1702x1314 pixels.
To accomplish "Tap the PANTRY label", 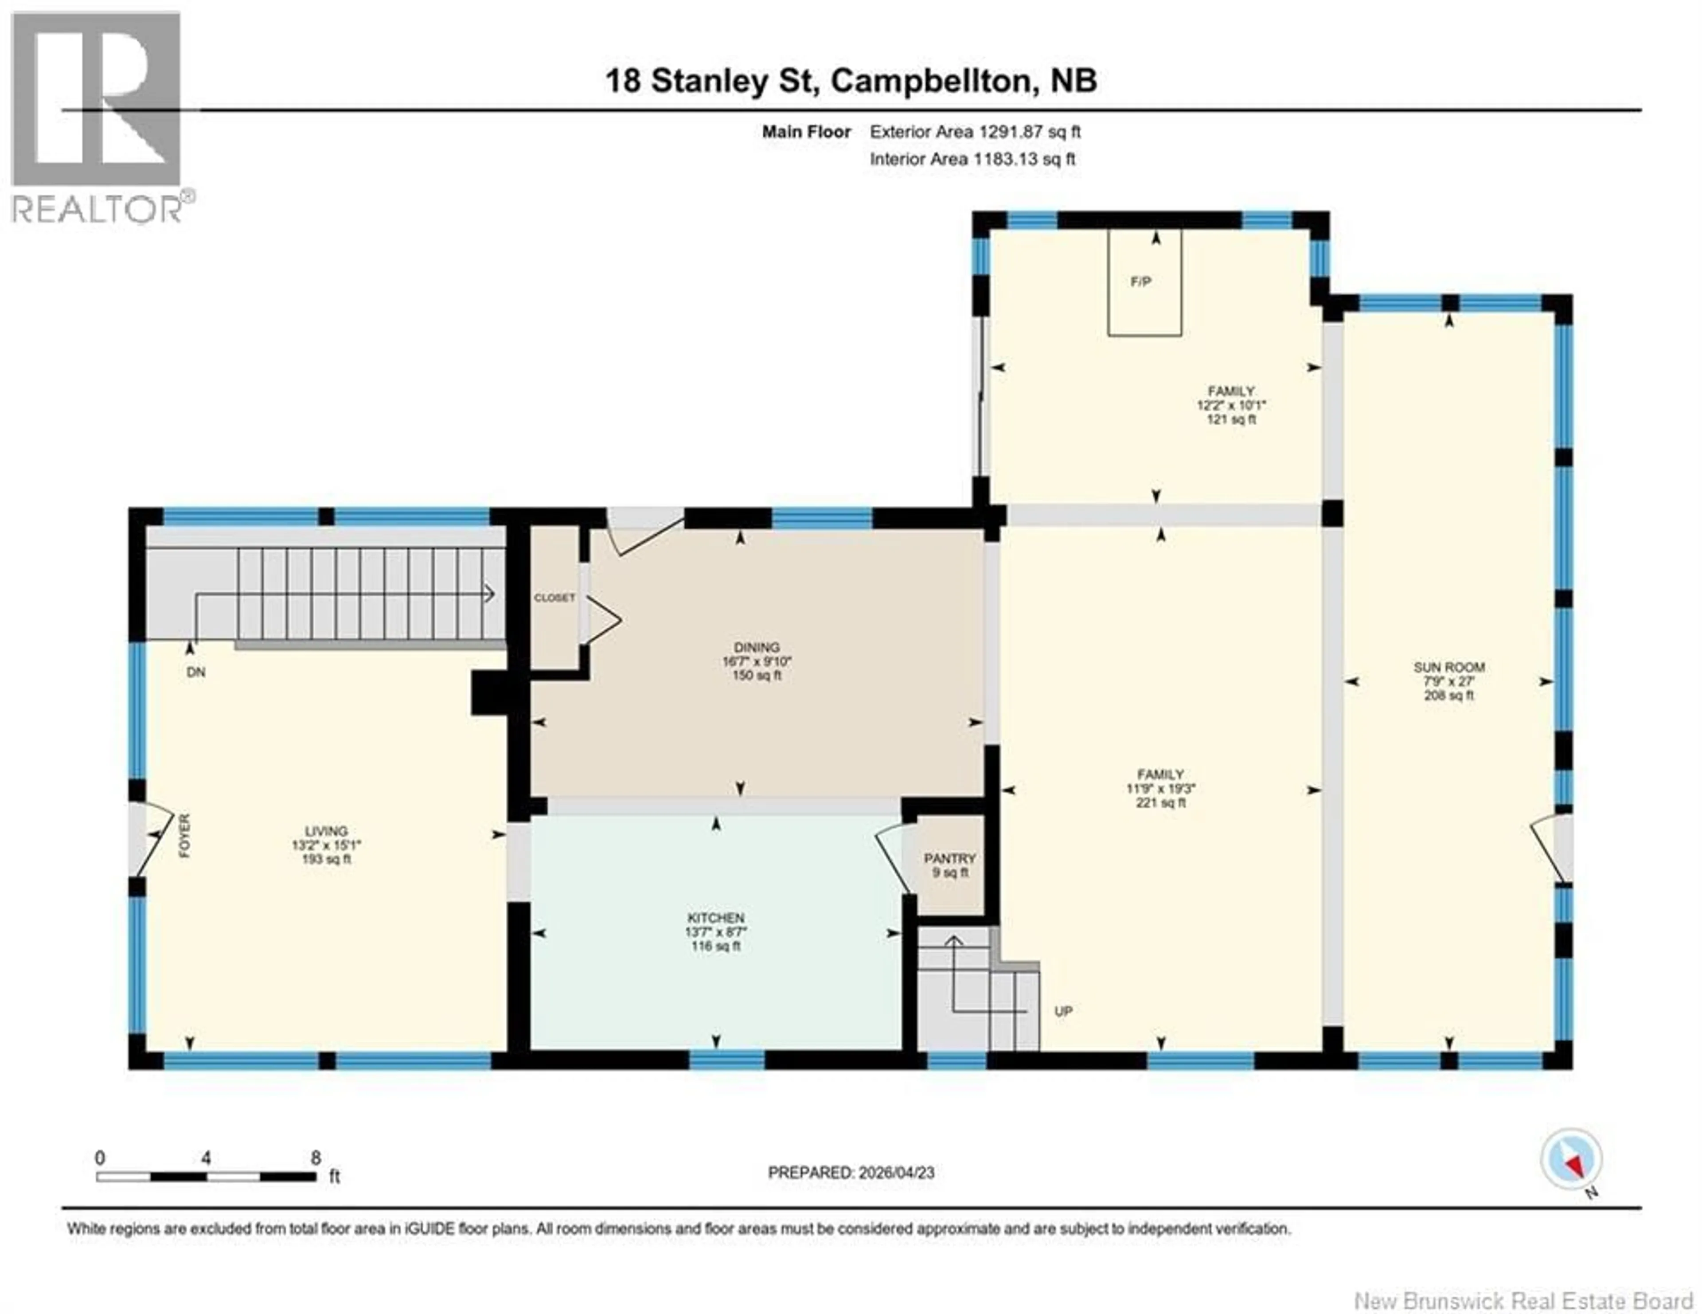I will (x=949, y=858).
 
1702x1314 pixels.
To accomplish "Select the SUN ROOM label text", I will (x=1449, y=667).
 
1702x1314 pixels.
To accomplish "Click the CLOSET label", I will (x=554, y=598).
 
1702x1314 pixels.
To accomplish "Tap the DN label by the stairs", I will (x=196, y=672).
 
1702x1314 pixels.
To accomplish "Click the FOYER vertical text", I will (x=185, y=836).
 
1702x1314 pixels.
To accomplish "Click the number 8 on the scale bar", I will (x=316, y=1158).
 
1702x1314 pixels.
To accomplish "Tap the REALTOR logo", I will (x=98, y=117).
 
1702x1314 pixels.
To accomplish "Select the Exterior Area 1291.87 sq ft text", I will (x=975, y=132).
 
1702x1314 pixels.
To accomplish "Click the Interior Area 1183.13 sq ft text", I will (x=972, y=159).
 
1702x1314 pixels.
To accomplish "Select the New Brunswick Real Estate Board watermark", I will (x=1523, y=1280).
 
